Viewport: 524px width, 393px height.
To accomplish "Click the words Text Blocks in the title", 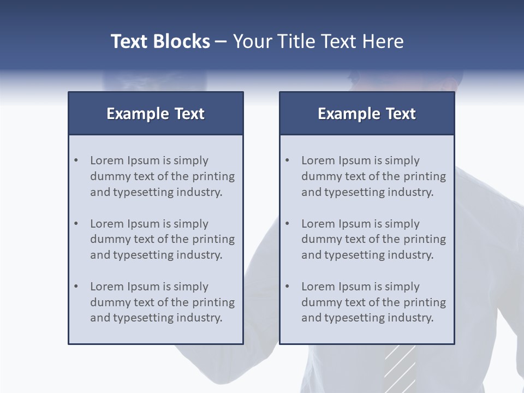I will click(160, 41).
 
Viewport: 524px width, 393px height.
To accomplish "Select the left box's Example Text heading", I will click(156, 114).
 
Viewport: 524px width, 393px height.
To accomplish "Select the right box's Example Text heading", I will click(367, 114).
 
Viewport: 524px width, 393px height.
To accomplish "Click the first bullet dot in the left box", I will click(76, 160).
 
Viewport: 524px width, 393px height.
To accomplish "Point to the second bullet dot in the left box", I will click(76, 224).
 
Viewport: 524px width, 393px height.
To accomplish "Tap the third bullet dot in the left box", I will click(76, 287).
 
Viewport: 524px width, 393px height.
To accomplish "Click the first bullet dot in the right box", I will click(287, 160).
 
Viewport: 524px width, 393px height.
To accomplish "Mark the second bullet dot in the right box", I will click(287, 224).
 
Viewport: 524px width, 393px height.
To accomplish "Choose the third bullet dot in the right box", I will click(287, 287).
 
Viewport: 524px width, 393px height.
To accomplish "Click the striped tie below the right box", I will click(400, 368).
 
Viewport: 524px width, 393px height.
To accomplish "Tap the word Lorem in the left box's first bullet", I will click(107, 160).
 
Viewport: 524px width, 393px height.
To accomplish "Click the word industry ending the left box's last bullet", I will click(200, 318).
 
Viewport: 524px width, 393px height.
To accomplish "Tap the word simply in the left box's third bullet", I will click(191, 287).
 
